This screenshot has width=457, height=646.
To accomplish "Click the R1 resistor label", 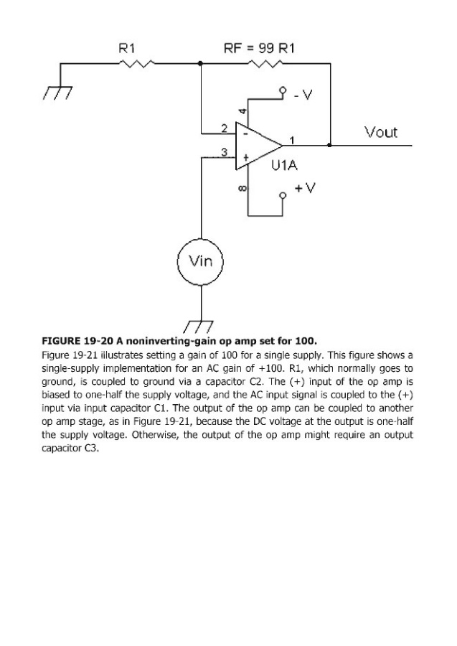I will click(x=126, y=49).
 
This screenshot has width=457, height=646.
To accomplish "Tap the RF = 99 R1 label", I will click(x=260, y=49).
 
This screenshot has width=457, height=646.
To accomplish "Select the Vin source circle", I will click(x=201, y=261).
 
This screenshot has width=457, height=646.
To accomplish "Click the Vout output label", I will click(x=380, y=132).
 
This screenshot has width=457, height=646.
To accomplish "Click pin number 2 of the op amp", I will click(x=223, y=128).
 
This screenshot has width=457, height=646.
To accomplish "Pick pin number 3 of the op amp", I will click(x=223, y=152).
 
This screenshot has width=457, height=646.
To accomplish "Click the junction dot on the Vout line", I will click(x=329, y=145).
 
